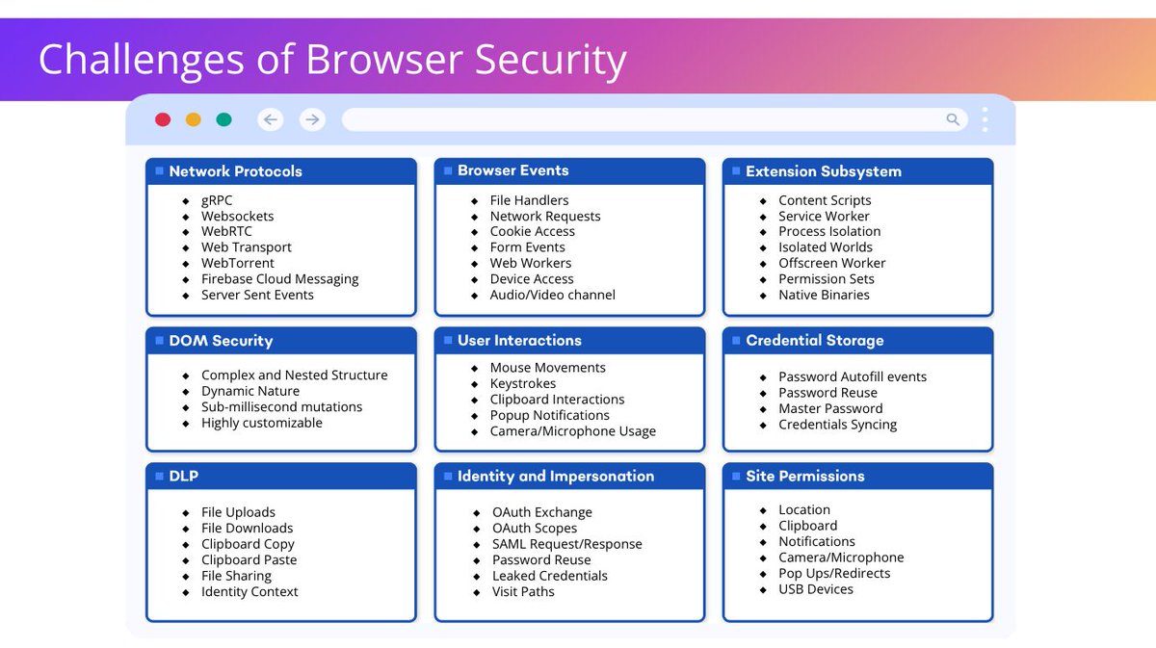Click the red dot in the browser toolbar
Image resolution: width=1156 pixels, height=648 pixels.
point(163,119)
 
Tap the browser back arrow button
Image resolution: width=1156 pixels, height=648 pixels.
point(271,119)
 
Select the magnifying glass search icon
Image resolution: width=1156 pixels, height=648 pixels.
point(953,119)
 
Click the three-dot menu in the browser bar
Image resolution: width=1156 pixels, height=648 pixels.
point(985,119)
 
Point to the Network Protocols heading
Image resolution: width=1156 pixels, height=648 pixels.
point(235,171)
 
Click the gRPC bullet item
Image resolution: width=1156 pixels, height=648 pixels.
point(217,200)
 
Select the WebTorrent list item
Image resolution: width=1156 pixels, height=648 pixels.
point(237,263)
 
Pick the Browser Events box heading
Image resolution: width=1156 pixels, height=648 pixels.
point(512,170)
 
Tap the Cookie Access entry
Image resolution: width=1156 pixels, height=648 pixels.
point(532,231)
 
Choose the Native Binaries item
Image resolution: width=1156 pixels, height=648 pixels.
point(824,295)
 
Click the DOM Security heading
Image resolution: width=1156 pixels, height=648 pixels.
point(221,341)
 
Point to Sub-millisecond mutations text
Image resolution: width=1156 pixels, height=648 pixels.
point(281,406)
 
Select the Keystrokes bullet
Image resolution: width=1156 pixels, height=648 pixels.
point(523,383)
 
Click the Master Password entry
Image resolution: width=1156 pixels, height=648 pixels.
point(830,408)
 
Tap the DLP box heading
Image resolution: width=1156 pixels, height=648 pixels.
point(183,476)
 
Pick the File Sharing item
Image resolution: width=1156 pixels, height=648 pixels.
point(236,576)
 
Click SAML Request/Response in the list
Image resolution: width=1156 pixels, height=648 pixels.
point(566,544)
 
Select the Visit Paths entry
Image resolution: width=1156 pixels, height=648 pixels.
point(523,591)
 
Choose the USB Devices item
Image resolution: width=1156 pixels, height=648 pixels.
point(816,589)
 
